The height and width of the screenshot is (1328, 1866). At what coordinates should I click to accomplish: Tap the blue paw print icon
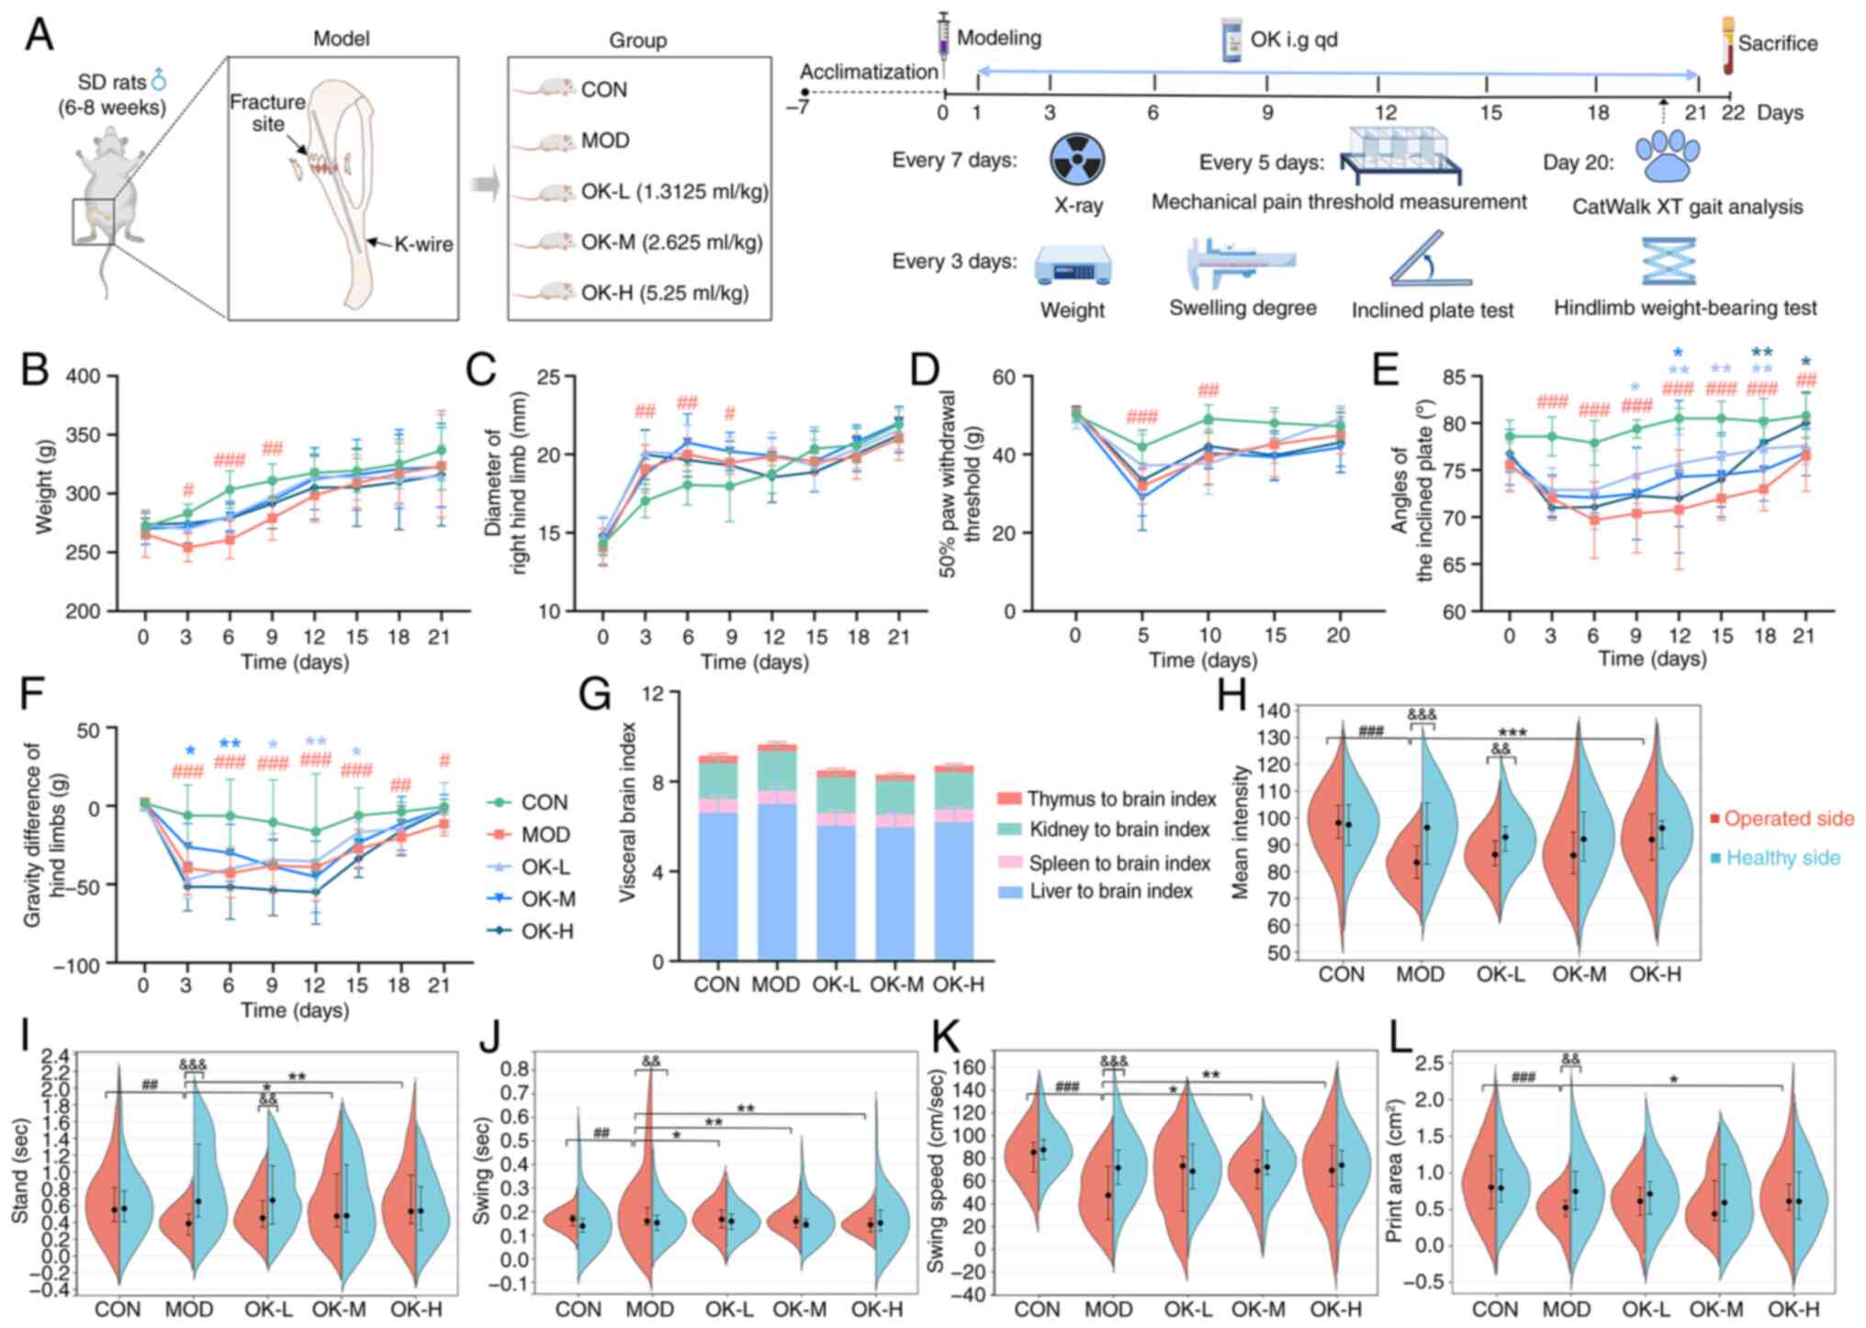pyautogui.click(x=1668, y=156)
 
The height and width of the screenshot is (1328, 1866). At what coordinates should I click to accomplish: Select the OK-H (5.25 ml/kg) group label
pyautogui.click(x=664, y=293)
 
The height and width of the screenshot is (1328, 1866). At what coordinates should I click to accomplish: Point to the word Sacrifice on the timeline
pyautogui.click(x=1777, y=43)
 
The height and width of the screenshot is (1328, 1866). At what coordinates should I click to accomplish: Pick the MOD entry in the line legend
pyautogui.click(x=545, y=835)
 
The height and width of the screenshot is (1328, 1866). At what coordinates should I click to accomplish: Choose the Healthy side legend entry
pyautogui.click(x=1782, y=858)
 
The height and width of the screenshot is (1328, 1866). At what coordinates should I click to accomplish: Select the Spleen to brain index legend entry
pyautogui.click(x=1118, y=863)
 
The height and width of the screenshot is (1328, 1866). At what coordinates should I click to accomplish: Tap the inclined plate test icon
pyautogui.click(x=1429, y=260)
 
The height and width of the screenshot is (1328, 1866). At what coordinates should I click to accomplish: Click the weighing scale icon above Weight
pyautogui.click(x=1072, y=265)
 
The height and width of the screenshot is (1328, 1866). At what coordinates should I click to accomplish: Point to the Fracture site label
pyautogui.click(x=267, y=112)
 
